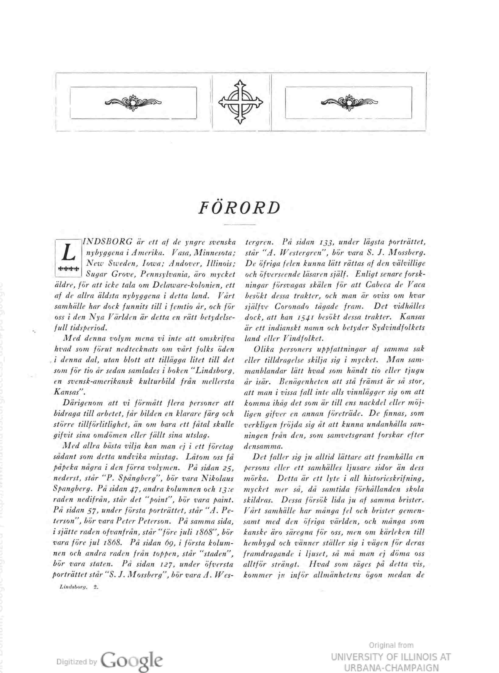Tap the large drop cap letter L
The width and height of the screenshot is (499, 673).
point(69,254)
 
